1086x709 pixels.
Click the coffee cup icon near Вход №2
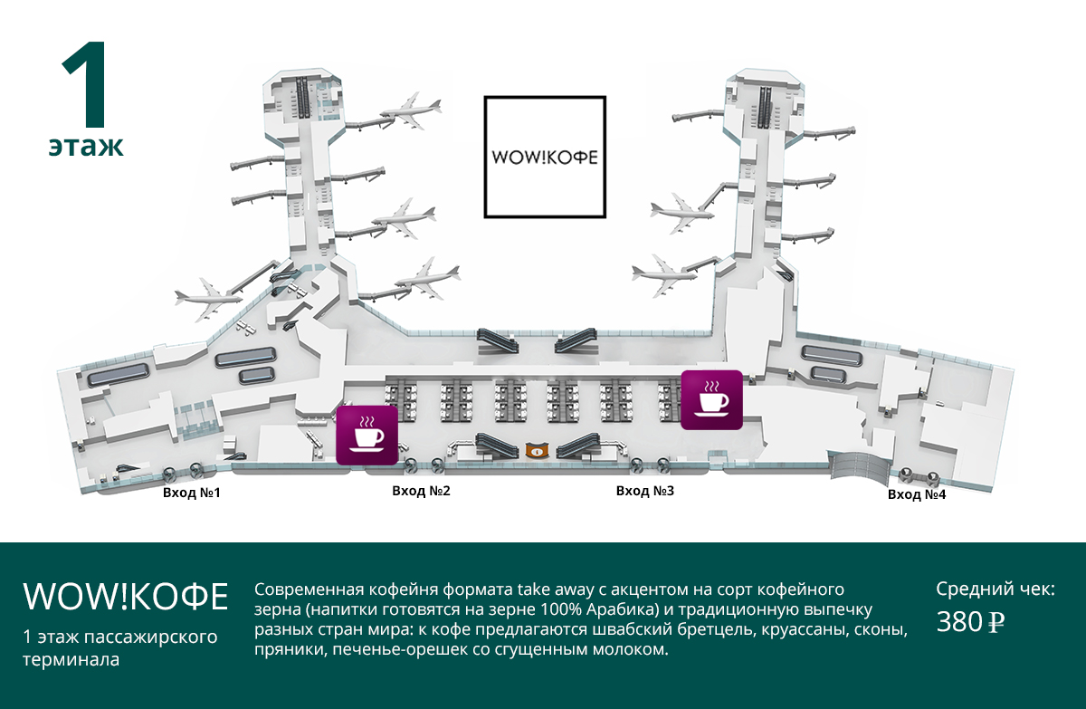(367, 435)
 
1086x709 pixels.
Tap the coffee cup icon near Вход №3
(711, 400)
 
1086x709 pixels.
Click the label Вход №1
(192, 493)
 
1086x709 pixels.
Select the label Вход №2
(421, 492)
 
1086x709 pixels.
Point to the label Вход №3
(644, 492)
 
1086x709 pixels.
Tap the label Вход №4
(917, 494)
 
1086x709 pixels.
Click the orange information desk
(538, 451)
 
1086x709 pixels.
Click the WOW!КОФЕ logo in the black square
(545, 158)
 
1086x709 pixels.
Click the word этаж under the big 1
(86, 147)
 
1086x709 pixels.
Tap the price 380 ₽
(970, 622)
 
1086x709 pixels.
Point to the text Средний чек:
(995, 589)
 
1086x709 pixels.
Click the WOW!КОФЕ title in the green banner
(126, 596)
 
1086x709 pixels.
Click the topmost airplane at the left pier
(411, 111)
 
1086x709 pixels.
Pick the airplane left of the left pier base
(208, 298)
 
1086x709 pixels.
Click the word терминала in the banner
(71, 660)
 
